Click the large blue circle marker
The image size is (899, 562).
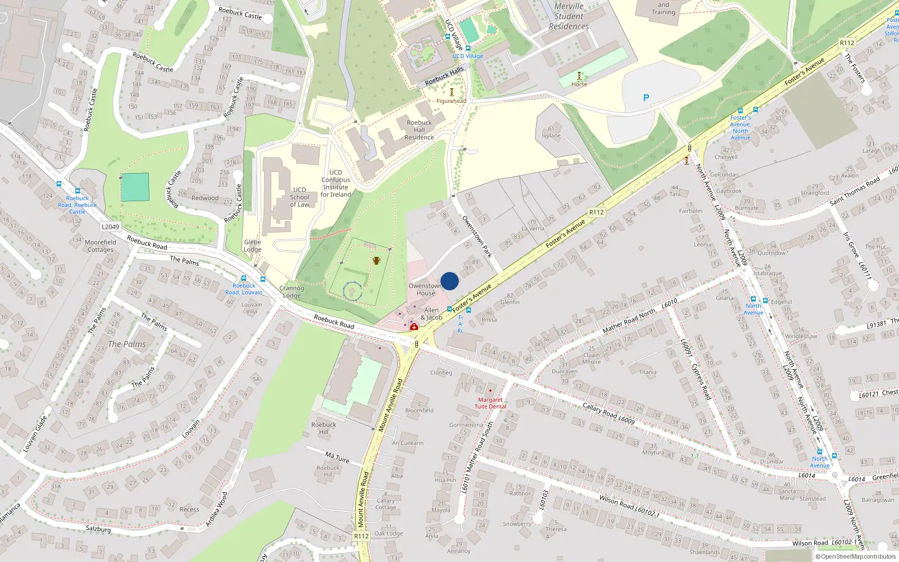click(x=449, y=281)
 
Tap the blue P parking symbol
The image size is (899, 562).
click(x=646, y=98)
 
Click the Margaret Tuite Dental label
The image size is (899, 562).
click(x=490, y=403)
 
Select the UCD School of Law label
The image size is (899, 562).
click(x=299, y=197)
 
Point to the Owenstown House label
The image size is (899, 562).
click(x=425, y=289)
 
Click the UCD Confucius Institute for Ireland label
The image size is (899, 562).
click(x=335, y=184)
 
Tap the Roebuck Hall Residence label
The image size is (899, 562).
click(x=419, y=130)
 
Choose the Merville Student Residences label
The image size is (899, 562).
click(x=569, y=16)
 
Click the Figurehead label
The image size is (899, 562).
click(x=451, y=101)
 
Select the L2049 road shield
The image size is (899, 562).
click(x=110, y=227)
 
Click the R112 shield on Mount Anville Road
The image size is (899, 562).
click(x=361, y=536)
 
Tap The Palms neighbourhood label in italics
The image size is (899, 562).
click(x=127, y=344)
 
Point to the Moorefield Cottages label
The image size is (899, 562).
click(x=101, y=246)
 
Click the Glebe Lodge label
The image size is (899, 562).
click(x=252, y=246)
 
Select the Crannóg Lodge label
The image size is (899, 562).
click(x=292, y=292)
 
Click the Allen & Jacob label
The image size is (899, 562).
click(x=432, y=314)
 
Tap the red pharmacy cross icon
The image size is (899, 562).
click(x=414, y=327)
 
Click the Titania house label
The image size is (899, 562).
click(x=647, y=372)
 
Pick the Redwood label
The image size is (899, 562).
click(x=205, y=198)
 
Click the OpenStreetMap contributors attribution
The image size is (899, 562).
click(x=856, y=557)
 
